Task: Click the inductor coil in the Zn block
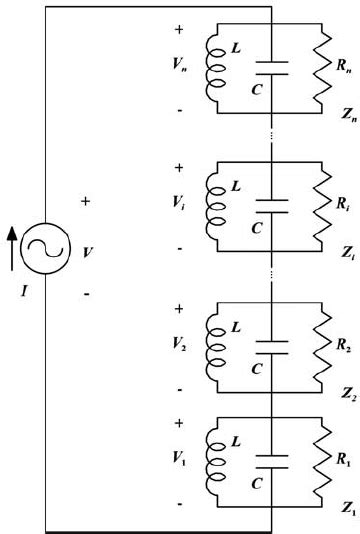214,71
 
